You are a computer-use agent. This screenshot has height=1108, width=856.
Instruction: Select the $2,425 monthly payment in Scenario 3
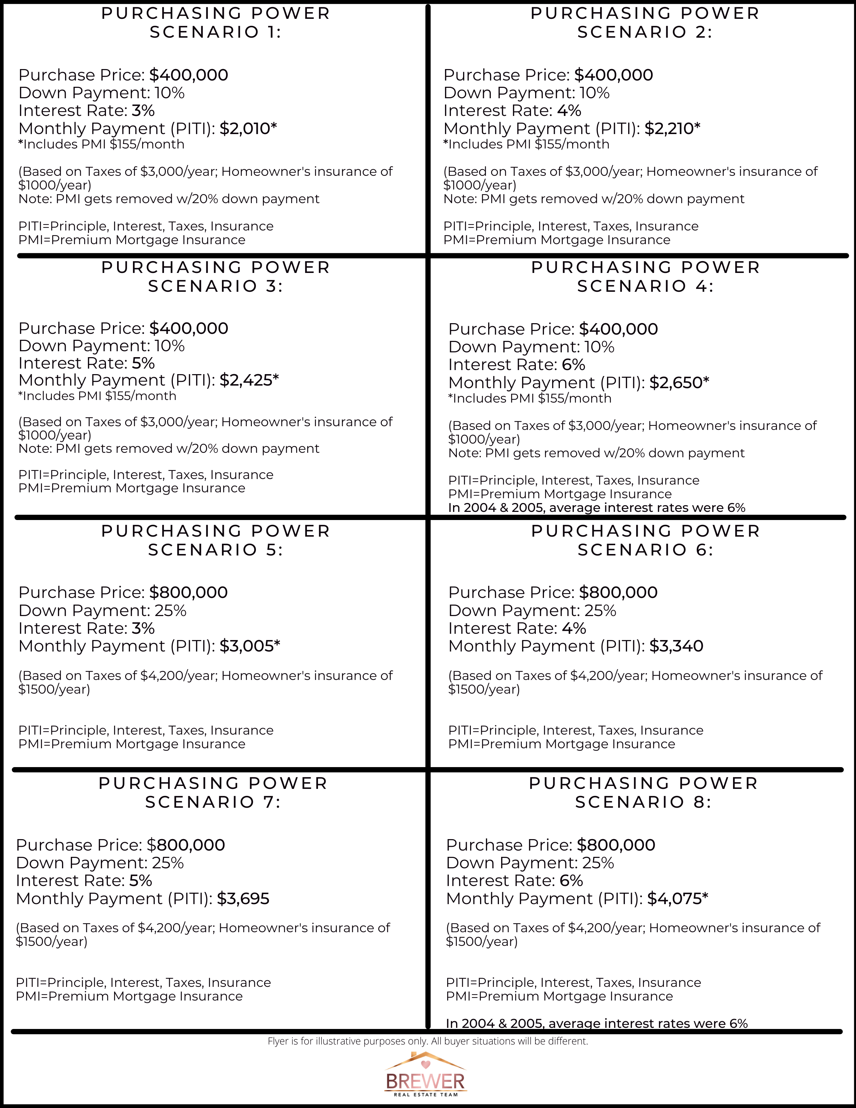pos(249,380)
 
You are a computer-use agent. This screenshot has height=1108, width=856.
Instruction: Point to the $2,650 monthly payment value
pos(678,383)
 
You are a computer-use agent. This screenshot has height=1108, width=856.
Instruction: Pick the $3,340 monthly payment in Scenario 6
pos(676,646)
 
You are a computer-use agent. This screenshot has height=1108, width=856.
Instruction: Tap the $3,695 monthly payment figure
pos(243,899)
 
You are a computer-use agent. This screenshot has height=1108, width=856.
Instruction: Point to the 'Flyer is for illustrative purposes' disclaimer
pos(428,1042)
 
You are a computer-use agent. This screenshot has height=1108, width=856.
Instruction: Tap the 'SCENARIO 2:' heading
pos(644,33)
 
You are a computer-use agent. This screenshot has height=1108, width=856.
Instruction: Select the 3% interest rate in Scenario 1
pos(143,110)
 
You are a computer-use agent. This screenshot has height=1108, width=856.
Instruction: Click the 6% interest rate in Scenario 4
pos(573,365)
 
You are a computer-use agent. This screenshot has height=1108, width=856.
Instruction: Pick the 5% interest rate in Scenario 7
pos(140,881)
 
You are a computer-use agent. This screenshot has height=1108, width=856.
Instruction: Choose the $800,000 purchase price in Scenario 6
pos(618,592)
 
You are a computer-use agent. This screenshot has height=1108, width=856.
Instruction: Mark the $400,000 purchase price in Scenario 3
pos(189,328)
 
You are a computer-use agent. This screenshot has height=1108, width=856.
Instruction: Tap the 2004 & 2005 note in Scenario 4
pos(596,508)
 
